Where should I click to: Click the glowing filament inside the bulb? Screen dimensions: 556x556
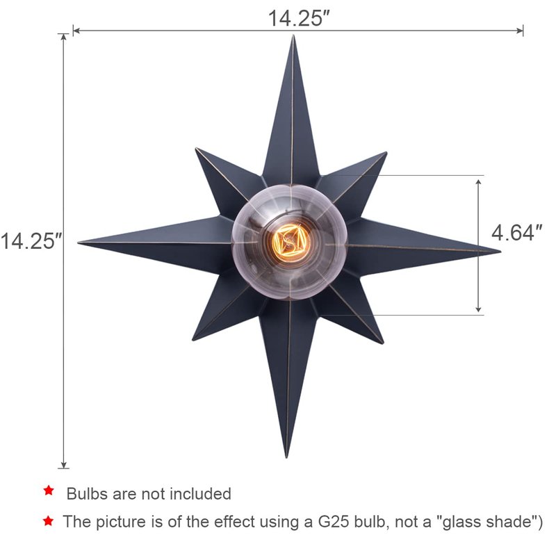tap(288, 242)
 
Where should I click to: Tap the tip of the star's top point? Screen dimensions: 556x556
tap(293, 35)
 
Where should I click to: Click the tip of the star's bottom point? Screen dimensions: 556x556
tap(286, 458)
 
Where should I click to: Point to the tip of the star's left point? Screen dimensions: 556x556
tap(78, 243)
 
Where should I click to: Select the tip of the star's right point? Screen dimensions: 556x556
tap(500, 252)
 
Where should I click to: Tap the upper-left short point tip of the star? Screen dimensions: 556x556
tap(196, 149)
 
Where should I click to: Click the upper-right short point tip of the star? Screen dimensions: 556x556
tap(386, 152)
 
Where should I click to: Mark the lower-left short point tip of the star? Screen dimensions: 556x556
tap(193, 341)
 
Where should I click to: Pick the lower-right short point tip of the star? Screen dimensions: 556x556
tap(384, 343)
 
